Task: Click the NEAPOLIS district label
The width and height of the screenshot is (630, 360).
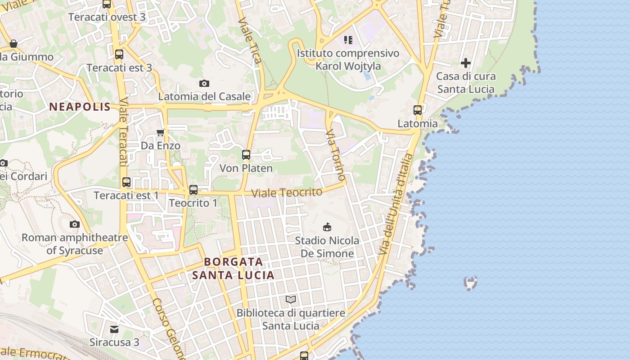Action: click(x=80, y=107)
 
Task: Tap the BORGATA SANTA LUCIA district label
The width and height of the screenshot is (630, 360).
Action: click(x=233, y=268)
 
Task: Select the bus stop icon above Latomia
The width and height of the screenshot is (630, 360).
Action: click(x=418, y=110)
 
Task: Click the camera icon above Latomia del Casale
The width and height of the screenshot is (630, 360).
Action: click(x=204, y=83)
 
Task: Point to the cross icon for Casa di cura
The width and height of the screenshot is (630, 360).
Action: click(x=466, y=63)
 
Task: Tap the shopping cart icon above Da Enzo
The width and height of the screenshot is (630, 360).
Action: click(x=160, y=132)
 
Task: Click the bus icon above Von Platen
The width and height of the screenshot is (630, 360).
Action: click(x=246, y=155)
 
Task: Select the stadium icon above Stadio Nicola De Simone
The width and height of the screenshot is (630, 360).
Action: click(x=327, y=227)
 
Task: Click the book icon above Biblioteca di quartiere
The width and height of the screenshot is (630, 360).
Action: click(x=291, y=299)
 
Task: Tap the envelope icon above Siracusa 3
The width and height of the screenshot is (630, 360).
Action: click(x=114, y=329)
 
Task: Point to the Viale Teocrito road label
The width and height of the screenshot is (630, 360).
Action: click(x=287, y=193)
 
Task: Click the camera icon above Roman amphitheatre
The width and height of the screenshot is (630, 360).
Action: click(x=75, y=224)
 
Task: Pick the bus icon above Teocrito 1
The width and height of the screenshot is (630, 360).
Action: click(x=193, y=190)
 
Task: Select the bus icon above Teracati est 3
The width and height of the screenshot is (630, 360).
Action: click(x=119, y=54)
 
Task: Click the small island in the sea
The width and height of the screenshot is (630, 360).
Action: click(x=470, y=283)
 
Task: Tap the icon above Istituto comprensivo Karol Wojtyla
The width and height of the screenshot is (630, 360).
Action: click(x=348, y=40)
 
